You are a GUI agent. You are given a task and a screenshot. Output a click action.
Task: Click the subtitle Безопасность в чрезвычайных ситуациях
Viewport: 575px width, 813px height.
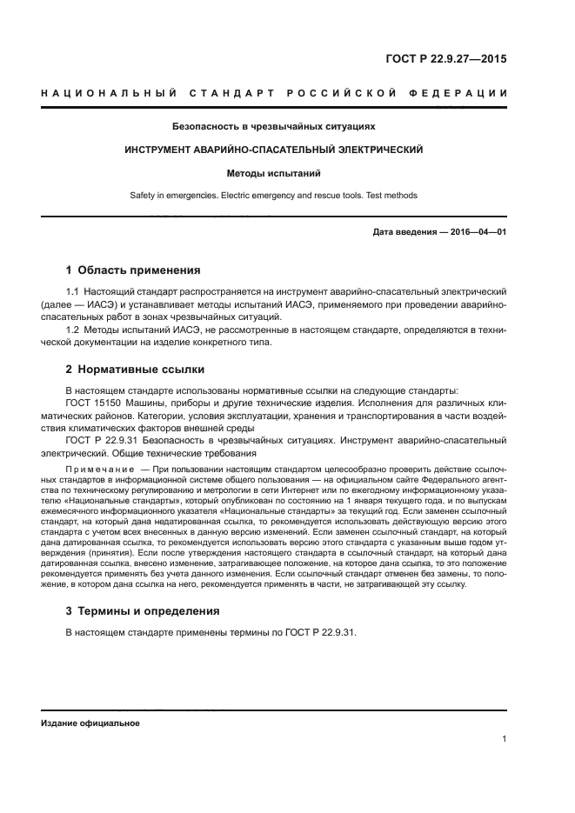point(274,127)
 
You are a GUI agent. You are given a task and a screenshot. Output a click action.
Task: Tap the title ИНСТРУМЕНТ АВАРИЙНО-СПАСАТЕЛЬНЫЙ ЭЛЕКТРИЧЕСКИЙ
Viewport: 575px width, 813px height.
point(274,150)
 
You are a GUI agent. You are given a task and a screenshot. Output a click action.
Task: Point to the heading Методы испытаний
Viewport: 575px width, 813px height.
point(274,173)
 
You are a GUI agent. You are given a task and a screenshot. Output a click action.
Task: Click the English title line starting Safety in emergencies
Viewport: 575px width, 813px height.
point(274,196)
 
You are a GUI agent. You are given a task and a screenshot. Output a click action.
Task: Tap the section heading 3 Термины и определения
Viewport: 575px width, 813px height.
point(143,611)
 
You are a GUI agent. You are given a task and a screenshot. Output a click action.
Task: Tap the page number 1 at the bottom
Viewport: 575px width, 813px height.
point(504,740)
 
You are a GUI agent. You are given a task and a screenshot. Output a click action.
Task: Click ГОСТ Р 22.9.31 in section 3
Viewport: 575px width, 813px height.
point(321,633)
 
